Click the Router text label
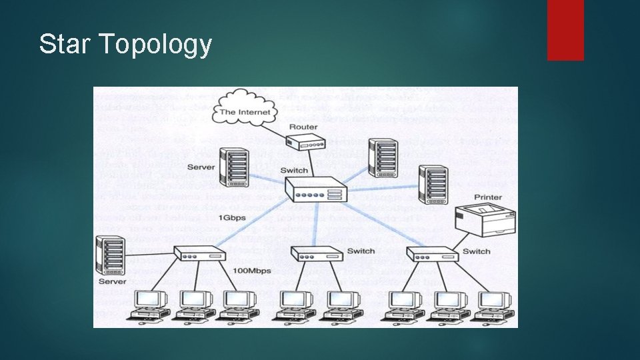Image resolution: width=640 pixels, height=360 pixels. pyautogui.click(x=303, y=127)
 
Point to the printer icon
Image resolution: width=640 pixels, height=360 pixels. pyautogui.click(x=481, y=220)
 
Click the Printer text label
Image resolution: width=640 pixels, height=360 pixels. pyautogui.click(x=487, y=197)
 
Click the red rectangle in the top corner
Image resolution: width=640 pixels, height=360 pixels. pyautogui.click(x=565, y=30)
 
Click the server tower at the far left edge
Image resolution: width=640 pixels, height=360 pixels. pyautogui.click(x=110, y=255)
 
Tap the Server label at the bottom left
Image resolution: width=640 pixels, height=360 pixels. pyautogui.click(x=111, y=282)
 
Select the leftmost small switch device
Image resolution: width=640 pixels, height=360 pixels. pyautogui.click(x=199, y=255)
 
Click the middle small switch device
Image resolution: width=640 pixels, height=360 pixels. pyautogui.click(x=316, y=254)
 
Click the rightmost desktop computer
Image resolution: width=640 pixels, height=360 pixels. pyautogui.click(x=493, y=306)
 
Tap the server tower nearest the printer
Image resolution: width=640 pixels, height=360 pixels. pyautogui.click(x=433, y=185)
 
